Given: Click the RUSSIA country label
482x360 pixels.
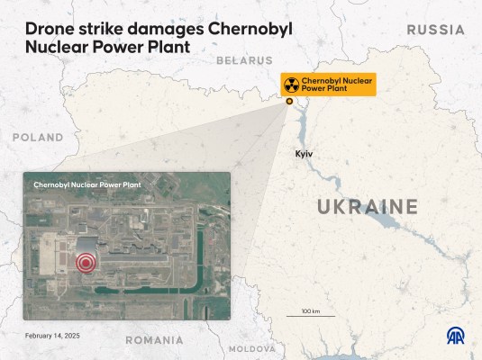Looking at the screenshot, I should tap(435, 30).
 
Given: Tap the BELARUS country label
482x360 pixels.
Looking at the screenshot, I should tap(244, 60).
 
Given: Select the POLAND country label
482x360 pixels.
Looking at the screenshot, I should tap(38, 137).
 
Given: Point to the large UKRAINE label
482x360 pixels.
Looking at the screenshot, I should tap(368, 207).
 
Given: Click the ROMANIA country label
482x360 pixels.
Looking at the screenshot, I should tap(154, 340).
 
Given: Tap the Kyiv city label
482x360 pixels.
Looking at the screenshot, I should tap(304, 154).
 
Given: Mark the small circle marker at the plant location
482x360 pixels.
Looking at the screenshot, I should tap(289, 102).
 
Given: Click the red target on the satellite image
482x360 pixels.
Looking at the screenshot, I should tap(86, 263).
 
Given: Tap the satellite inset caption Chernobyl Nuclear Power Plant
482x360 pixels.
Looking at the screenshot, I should tap(87, 184).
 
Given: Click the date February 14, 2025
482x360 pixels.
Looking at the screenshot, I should tap(52, 334).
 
